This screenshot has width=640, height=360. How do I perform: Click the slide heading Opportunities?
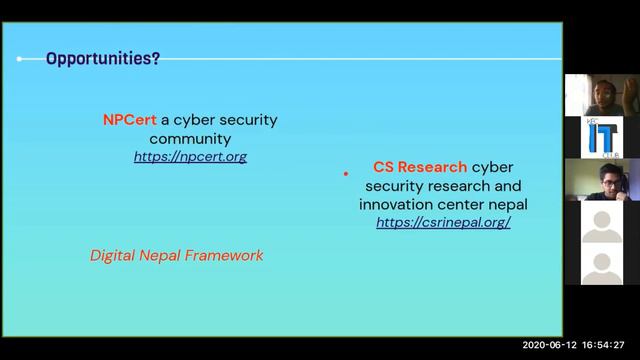[x=103, y=59]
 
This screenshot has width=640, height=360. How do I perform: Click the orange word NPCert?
[x=129, y=119]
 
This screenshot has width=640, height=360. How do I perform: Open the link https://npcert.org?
[x=190, y=157]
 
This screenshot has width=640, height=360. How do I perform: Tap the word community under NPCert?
[x=190, y=139]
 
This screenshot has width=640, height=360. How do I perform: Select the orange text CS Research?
[x=420, y=167]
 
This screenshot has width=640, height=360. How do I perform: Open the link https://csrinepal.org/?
[x=443, y=222]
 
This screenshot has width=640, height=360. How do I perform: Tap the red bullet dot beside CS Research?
[x=346, y=173]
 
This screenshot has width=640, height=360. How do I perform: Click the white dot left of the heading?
[x=19, y=59]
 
